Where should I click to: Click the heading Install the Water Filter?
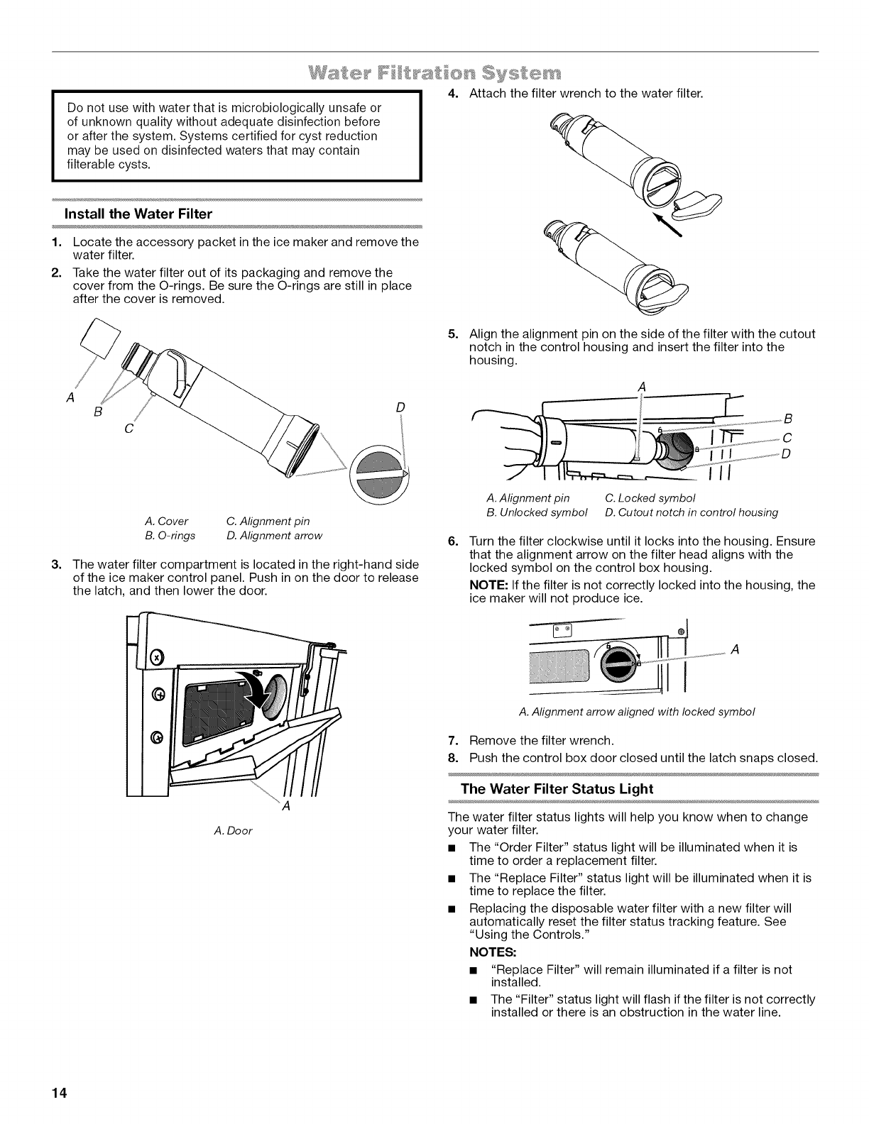coord(138,214)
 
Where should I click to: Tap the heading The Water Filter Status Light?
coord(557,788)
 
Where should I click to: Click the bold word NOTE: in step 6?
coord(486,585)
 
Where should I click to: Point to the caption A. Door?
coord(233,830)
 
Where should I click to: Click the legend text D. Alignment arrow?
coord(274,535)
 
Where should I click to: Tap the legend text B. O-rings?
coord(170,535)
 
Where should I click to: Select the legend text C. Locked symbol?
coord(650,497)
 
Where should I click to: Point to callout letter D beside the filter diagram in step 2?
coord(400,407)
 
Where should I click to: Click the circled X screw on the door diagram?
coord(158,656)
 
